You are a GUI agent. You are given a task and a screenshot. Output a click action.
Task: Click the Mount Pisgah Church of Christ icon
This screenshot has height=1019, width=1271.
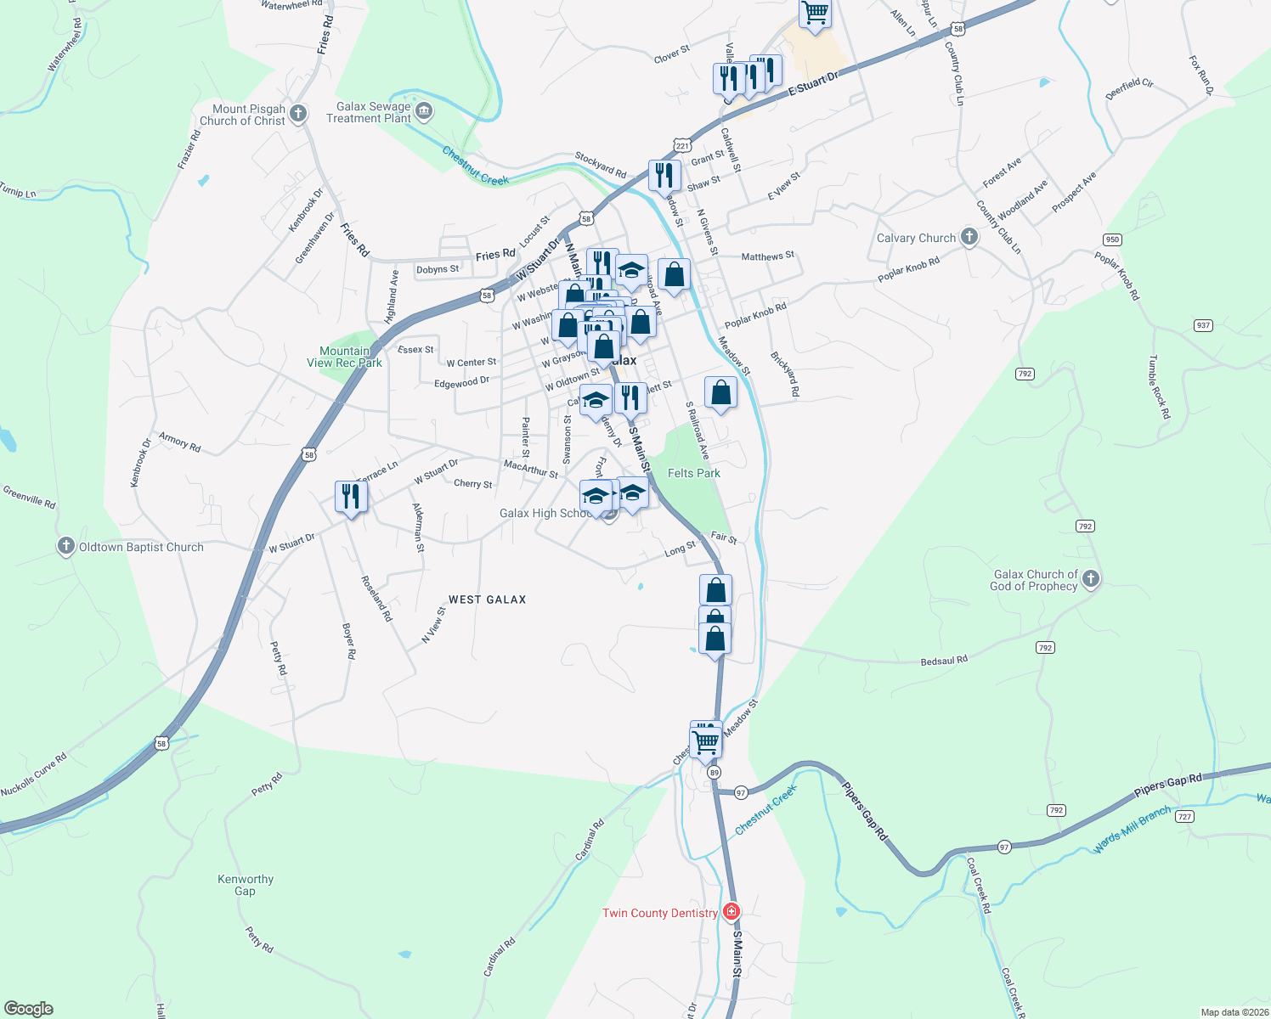tap(297, 113)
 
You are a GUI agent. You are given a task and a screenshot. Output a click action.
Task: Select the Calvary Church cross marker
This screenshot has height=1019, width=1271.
tap(969, 237)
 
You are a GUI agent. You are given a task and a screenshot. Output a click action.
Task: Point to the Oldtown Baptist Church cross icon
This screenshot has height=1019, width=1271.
tap(66, 546)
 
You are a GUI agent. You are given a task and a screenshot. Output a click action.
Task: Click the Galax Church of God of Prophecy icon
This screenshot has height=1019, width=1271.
tap(1091, 579)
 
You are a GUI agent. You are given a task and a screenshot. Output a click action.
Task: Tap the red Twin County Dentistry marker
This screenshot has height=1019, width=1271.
tap(731, 912)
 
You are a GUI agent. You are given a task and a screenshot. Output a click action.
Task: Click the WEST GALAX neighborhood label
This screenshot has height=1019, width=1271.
tap(487, 600)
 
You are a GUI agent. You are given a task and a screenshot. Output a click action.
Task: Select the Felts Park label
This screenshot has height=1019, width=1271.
tap(693, 473)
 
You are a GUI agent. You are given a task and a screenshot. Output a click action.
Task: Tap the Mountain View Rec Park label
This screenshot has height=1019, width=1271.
tap(344, 357)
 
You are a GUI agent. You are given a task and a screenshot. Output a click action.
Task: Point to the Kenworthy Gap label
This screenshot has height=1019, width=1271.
tap(246, 885)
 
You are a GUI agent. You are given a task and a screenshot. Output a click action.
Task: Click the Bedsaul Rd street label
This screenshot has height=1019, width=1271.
tap(944, 661)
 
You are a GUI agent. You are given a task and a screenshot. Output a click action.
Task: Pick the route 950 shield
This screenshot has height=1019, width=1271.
tap(1112, 239)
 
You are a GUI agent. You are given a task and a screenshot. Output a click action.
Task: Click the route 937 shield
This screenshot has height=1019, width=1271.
tap(1202, 325)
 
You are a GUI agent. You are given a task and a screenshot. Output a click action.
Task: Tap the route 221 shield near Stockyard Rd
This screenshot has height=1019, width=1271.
tap(682, 146)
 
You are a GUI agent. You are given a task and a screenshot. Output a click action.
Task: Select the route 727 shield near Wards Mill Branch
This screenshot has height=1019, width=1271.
tap(1185, 817)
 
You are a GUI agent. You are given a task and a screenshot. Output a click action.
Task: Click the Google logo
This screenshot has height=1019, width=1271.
tap(28, 1009)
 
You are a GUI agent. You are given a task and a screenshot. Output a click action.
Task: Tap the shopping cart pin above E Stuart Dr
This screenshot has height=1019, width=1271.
tap(815, 12)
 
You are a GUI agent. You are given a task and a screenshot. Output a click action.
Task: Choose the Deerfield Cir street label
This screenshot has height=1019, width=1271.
tap(1129, 88)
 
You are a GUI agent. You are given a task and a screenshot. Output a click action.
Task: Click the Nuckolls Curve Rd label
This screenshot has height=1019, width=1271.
tap(34, 775)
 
